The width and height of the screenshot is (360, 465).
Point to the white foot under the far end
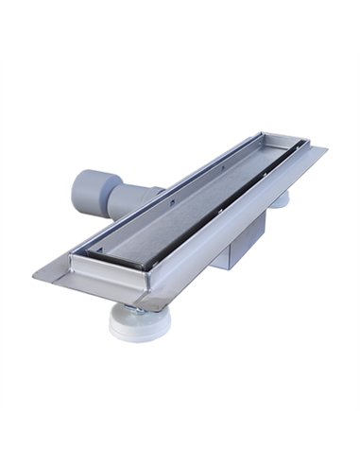(x=282, y=199)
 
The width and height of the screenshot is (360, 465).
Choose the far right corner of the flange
(x=327, y=148)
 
